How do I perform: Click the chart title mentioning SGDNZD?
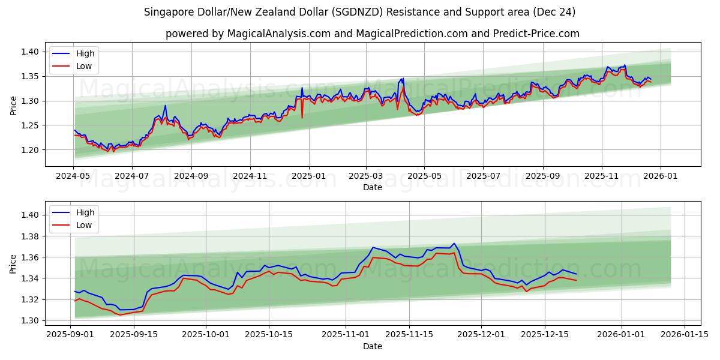click(360, 12)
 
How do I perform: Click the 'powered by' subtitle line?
click(372, 34)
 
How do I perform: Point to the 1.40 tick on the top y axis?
click(30, 52)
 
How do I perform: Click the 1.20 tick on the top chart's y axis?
click(30, 150)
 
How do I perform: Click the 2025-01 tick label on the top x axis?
click(309, 176)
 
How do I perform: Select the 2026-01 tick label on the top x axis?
click(661, 176)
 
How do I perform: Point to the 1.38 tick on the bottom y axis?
click(30, 236)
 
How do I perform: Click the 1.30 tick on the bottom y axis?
click(30, 320)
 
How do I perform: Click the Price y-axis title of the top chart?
click(13, 104)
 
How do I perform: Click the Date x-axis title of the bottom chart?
click(372, 346)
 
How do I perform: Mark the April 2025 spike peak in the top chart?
click(403, 79)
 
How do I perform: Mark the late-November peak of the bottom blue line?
click(454, 244)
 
